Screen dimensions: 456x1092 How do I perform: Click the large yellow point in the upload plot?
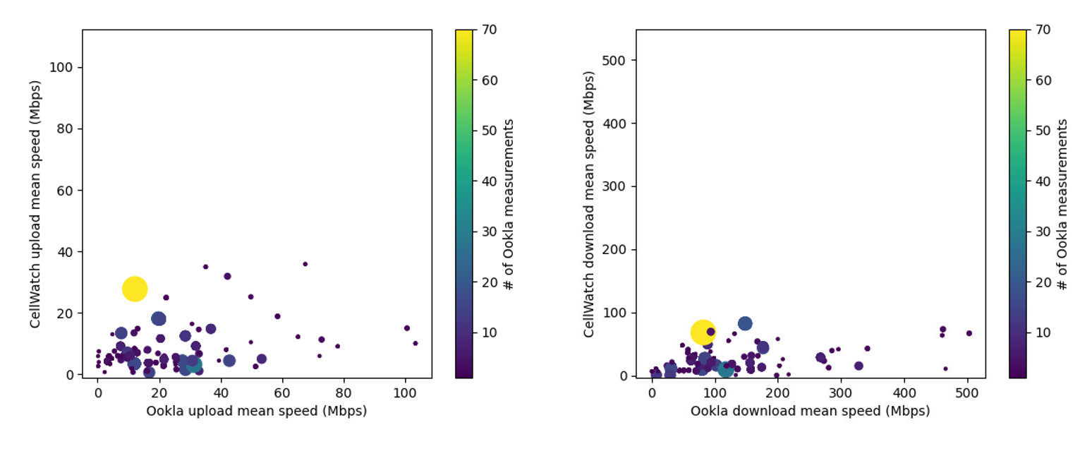point(134,289)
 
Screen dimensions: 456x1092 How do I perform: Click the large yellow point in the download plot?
point(703,332)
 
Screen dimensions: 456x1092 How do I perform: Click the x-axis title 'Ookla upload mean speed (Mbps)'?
point(256,411)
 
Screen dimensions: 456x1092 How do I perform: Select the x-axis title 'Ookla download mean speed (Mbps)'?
point(810,411)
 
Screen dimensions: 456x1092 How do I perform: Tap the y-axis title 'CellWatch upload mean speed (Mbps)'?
point(35,204)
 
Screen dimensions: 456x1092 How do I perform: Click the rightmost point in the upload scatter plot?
point(415,343)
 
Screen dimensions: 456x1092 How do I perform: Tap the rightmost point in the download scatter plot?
point(969,333)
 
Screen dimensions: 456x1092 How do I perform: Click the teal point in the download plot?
point(725,368)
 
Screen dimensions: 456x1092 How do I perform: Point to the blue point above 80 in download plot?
point(745,323)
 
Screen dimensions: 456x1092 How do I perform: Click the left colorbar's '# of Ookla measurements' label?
point(508,204)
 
